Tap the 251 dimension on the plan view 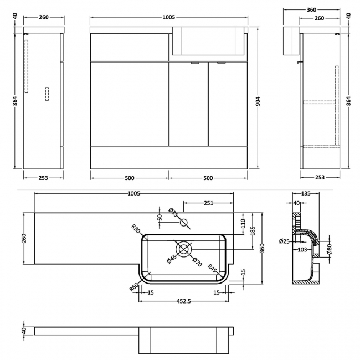[208, 203]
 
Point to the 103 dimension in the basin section [302, 250]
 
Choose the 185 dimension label [252, 230]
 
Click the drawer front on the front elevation [130, 47]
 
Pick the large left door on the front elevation [130, 104]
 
